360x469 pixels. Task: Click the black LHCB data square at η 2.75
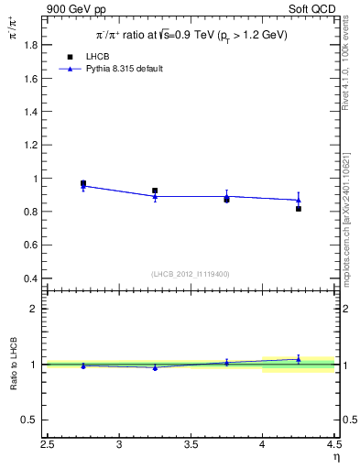click(83, 183)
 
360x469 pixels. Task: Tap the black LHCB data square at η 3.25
click(155, 191)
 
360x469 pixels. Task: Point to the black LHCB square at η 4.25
click(299, 209)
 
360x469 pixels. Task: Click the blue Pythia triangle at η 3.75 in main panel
click(226, 196)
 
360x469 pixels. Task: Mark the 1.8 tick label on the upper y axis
click(30, 45)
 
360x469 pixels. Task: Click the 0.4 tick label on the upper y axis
click(30, 278)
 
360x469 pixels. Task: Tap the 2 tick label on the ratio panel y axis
click(35, 309)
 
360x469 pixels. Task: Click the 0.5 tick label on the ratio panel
click(30, 420)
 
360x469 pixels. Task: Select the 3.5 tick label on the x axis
click(191, 446)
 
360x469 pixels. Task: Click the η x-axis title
click(335, 456)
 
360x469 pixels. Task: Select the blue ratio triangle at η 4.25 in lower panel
click(299, 360)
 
